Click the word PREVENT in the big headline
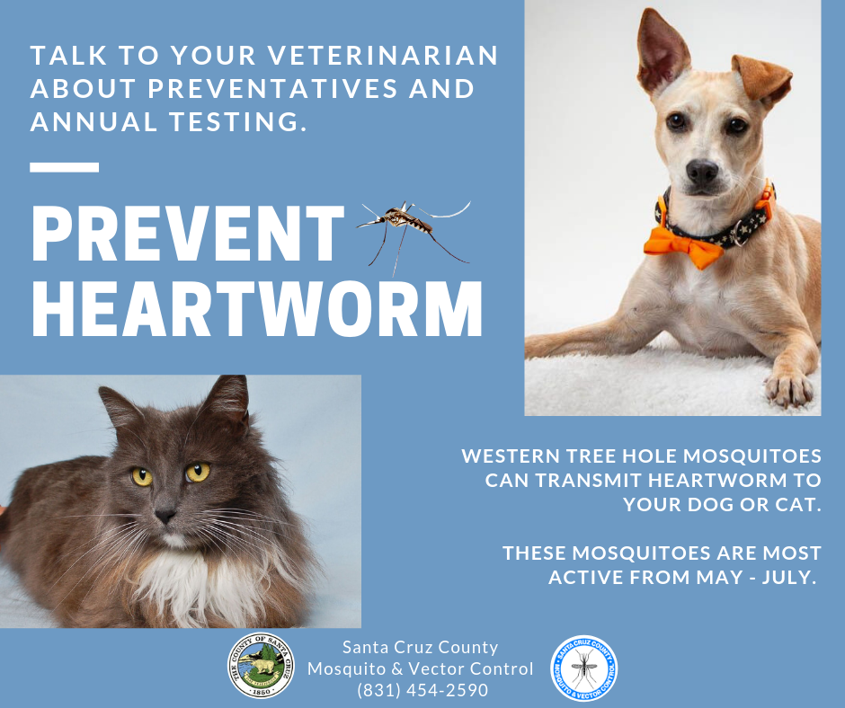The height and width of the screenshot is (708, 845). pos(188,234)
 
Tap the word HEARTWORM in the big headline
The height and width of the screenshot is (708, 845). pos(256,309)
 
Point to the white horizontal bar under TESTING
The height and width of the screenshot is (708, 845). pos(64,167)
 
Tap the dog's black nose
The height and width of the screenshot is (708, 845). pos(702,172)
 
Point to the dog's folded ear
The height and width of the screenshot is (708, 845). pos(762,79)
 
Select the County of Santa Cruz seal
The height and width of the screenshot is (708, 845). pos(261,666)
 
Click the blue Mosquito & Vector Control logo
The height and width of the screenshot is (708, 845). pos(583,668)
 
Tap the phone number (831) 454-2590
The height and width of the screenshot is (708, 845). pos(422,690)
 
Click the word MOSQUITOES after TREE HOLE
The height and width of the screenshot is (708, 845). pos(752,456)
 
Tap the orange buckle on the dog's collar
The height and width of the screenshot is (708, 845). pos(768,199)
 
